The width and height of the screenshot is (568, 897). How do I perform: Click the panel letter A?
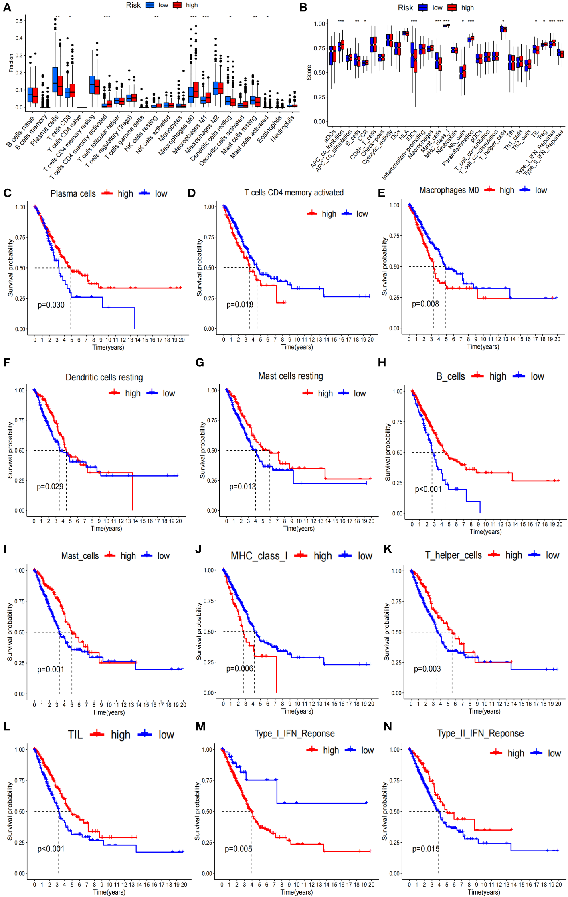click(7, 8)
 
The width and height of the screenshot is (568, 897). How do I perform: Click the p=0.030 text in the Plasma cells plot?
click(51, 305)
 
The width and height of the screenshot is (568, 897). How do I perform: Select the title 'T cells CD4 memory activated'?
click(294, 193)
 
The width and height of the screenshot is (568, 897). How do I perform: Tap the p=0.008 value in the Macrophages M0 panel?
click(425, 304)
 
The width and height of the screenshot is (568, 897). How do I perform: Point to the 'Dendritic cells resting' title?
click(104, 377)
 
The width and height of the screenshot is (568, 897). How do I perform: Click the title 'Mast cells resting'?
click(291, 376)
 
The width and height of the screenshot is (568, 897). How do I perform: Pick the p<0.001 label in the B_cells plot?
click(428, 489)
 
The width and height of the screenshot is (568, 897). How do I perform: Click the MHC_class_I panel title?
click(259, 556)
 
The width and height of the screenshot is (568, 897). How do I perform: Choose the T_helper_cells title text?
click(453, 555)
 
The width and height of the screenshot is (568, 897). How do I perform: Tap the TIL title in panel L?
click(75, 734)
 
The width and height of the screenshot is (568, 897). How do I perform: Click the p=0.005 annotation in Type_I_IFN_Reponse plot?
click(238, 849)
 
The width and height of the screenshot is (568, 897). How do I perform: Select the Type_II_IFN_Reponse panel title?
click(480, 733)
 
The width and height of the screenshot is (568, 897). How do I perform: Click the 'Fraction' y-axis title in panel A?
click(11, 63)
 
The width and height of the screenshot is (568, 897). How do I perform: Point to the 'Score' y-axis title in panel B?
click(309, 72)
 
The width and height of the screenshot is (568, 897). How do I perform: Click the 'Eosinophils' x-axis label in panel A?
click(270, 129)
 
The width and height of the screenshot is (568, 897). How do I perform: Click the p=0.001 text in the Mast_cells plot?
click(51, 669)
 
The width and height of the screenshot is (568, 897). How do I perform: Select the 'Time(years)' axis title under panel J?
click(297, 711)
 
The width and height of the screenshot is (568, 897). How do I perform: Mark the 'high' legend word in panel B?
click(467, 8)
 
